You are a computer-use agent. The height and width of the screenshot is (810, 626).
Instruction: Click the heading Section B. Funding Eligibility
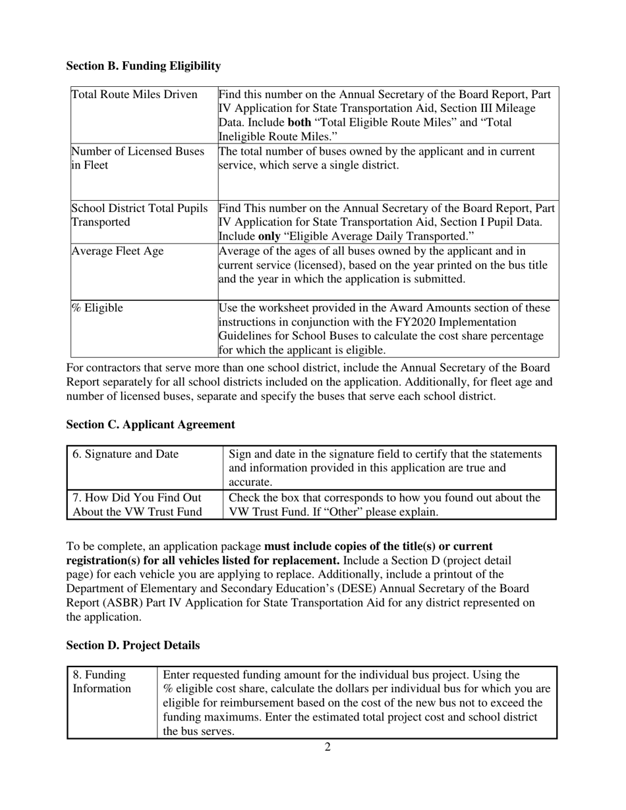click(x=143, y=66)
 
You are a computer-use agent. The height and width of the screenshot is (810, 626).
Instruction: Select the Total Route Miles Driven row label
click(x=134, y=95)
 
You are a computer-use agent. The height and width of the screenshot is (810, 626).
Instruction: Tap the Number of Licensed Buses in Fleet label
click(x=138, y=159)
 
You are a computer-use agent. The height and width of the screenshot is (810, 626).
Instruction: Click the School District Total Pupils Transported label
click(x=140, y=215)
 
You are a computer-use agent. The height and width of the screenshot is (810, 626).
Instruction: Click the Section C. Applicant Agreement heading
click(x=150, y=425)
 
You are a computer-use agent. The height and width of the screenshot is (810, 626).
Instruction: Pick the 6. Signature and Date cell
click(x=125, y=454)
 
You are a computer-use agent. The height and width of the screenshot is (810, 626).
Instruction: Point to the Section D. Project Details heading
click(x=132, y=645)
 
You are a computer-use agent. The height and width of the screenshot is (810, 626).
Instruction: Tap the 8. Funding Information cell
click(x=101, y=682)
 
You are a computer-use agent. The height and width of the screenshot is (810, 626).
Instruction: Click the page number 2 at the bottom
click(x=327, y=747)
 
